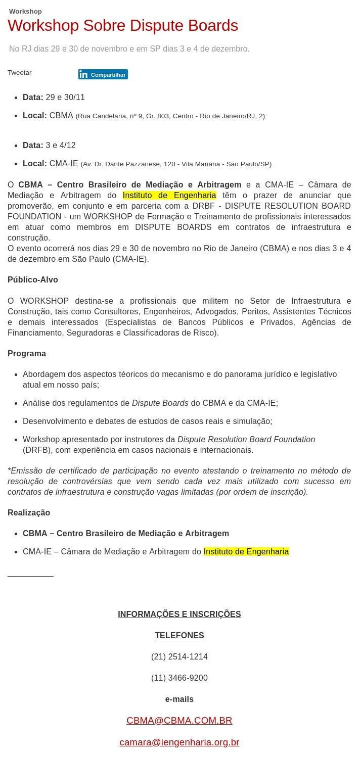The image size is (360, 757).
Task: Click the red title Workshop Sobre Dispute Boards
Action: click(x=122, y=26)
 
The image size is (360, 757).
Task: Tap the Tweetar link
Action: click(x=20, y=73)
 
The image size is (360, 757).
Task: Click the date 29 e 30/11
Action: click(x=65, y=97)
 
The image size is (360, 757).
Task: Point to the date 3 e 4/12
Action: click(x=60, y=145)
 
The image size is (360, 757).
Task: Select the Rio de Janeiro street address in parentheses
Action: click(x=170, y=116)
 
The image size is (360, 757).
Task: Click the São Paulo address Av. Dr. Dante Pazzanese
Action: click(x=176, y=164)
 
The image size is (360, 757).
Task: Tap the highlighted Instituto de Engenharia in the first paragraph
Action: click(x=169, y=195)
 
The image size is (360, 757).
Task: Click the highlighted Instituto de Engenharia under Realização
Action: click(x=246, y=551)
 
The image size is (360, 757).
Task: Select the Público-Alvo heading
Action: click(x=33, y=279)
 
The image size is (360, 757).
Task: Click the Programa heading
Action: click(x=27, y=353)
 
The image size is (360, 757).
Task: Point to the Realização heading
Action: click(x=29, y=512)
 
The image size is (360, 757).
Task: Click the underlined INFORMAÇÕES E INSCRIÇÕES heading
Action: click(x=179, y=614)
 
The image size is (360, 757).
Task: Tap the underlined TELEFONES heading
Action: click(x=179, y=635)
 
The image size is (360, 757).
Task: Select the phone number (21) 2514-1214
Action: click(x=179, y=656)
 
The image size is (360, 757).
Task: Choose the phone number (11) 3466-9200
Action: click(x=179, y=678)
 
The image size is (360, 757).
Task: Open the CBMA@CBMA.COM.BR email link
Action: click(x=179, y=720)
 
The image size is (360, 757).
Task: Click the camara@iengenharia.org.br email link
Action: click(x=179, y=742)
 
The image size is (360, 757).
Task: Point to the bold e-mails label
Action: click(x=179, y=699)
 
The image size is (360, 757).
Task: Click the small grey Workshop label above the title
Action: click(x=25, y=11)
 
